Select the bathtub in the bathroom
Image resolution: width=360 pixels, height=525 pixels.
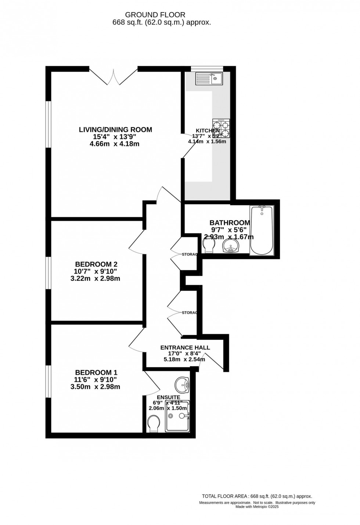tap(261, 231)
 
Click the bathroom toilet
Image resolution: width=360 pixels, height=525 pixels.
tap(208, 245)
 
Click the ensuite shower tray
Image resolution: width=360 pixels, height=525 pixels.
tap(177, 416)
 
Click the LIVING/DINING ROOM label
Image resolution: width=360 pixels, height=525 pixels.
tap(115, 130)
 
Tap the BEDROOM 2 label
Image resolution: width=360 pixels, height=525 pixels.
tap(96, 264)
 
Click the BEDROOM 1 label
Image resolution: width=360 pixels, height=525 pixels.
tap(96, 372)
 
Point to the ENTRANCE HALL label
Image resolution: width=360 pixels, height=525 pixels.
tap(185, 347)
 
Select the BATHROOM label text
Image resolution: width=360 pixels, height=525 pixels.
tap(230, 223)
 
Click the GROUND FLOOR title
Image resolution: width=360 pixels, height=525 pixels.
tap(155, 15)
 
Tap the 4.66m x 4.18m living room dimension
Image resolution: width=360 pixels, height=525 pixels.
tap(115, 144)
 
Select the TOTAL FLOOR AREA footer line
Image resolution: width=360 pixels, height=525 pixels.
tap(257, 496)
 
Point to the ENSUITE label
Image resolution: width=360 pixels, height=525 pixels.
tap(168, 397)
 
